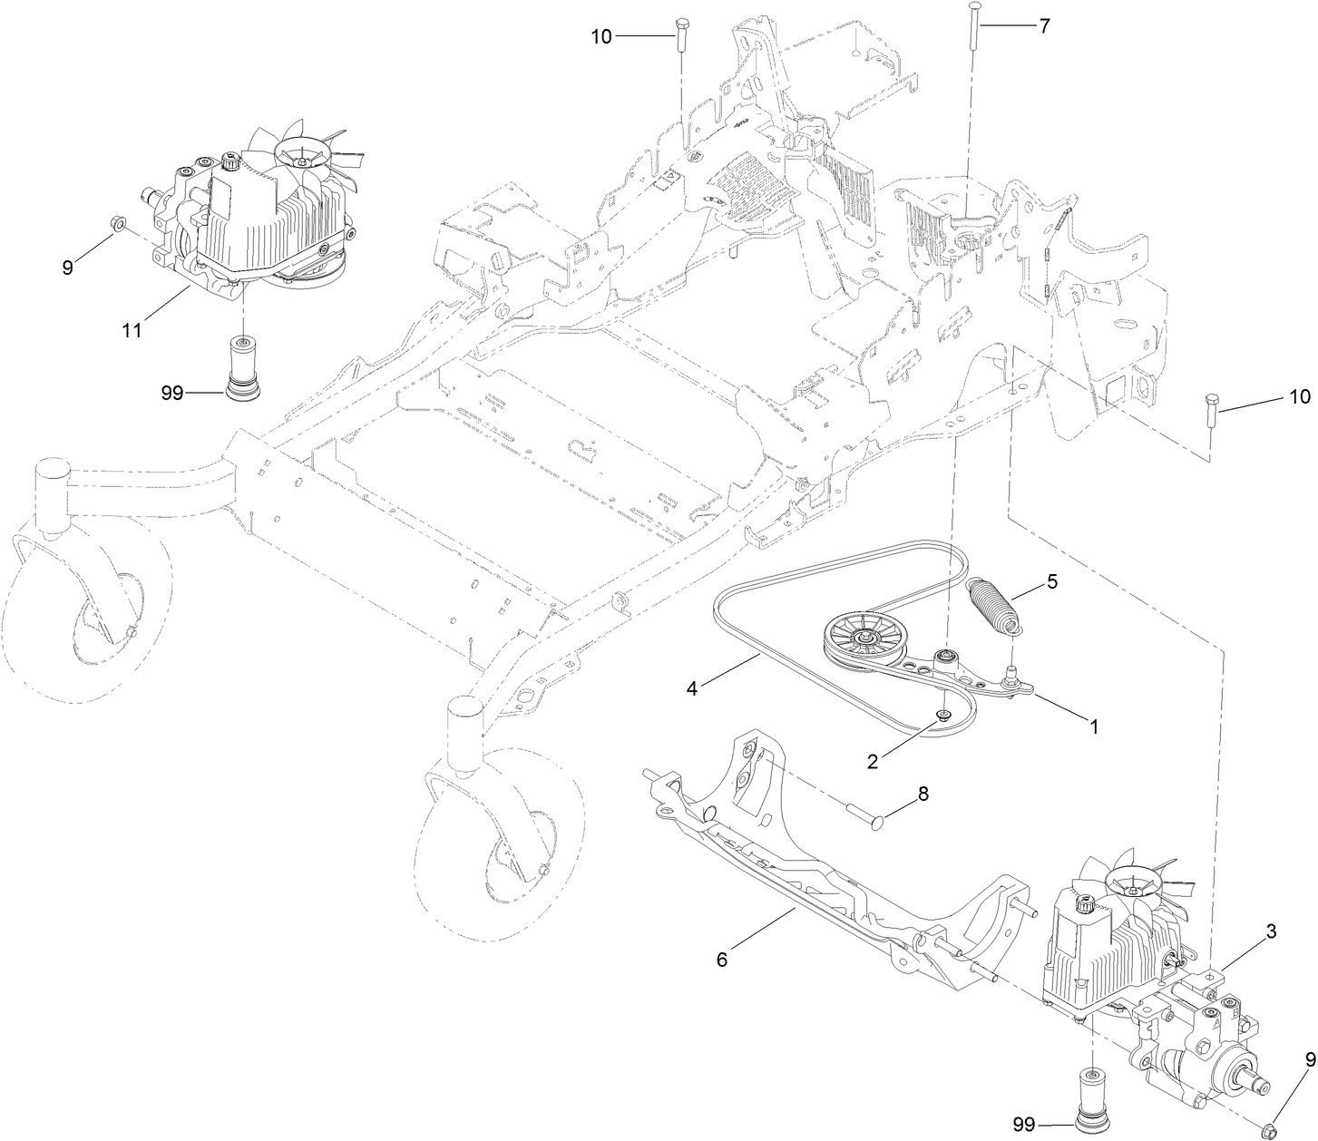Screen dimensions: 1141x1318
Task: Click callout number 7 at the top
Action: coord(1044,26)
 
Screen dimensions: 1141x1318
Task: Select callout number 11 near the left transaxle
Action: coord(132,330)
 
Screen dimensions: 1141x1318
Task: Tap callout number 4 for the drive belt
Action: coord(691,688)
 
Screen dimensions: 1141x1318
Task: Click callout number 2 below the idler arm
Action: coord(872,761)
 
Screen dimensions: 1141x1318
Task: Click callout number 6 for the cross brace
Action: coord(722,960)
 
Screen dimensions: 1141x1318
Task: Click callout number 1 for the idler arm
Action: coord(1094,727)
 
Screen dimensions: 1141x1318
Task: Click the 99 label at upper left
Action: coord(172,393)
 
